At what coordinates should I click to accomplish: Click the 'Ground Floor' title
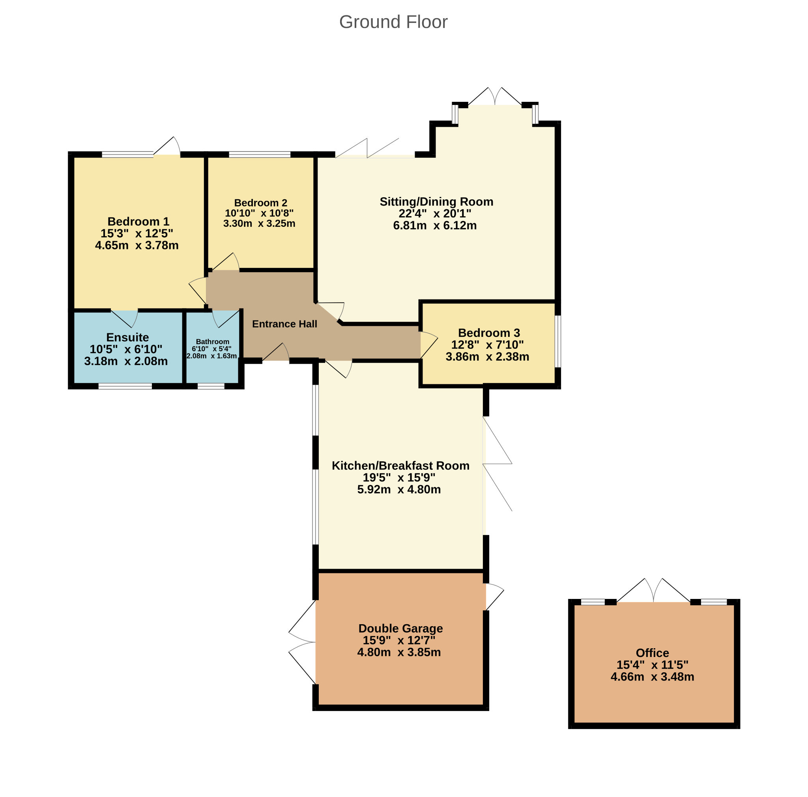(393, 22)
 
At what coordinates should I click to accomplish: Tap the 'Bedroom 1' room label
(138, 221)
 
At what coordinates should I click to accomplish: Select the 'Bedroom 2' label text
(260, 203)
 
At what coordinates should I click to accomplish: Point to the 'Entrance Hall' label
(284, 324)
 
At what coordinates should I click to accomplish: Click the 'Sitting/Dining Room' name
(436, 202)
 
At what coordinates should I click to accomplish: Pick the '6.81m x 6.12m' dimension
(434, 225)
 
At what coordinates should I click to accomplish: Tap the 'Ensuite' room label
(127, 337)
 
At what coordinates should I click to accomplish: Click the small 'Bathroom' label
(213, 342)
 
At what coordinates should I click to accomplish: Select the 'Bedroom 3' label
(489, 333)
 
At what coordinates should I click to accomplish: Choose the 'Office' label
(652, 652)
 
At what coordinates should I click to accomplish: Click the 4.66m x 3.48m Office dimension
(652, 676)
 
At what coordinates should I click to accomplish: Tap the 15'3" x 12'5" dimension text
(137, 233)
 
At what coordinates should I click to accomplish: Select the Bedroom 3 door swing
(429, 344)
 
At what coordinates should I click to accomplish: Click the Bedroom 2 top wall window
(259, 155)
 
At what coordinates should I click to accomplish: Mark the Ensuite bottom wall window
(125, 386)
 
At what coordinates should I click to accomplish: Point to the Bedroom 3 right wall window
(557, 341)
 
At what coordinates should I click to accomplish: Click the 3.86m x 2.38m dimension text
(487, 357)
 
